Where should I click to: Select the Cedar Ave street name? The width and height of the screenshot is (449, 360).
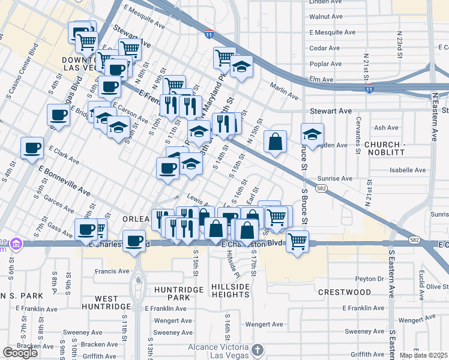325,48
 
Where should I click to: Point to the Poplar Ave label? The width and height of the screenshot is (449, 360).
326,64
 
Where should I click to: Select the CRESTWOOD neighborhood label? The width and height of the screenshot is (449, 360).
345,292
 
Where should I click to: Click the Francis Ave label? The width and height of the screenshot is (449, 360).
112,271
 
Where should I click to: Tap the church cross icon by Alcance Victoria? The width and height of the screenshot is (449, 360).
257,349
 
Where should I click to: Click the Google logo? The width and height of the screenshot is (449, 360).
20,353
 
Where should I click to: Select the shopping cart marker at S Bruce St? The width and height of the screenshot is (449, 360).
297,242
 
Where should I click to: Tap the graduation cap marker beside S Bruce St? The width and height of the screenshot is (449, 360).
312,134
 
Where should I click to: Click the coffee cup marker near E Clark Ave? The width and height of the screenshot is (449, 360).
32,147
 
